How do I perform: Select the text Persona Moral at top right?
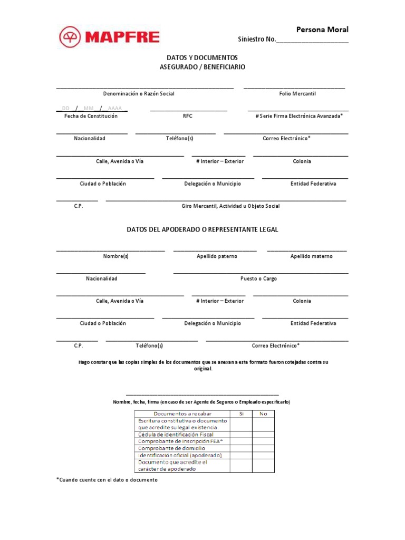pos(322,30)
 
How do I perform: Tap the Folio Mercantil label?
pos(297,93)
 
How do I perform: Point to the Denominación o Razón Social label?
pos(139,93)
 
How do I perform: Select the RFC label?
pos(188,116)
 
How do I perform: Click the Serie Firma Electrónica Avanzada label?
pos(299,116)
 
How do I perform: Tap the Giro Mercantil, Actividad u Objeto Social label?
pos(230,206)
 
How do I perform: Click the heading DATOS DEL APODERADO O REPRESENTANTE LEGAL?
pos(202,230)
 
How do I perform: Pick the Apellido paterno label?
pos(217,256)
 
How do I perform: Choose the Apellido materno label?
pos(311,256)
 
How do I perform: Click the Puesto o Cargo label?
pos(258,278)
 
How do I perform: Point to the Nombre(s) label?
pos(116,256)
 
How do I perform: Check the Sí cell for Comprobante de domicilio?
pos(241,448)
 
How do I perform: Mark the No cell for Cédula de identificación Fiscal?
pos(264,435)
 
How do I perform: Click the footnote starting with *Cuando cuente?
pos(107,480)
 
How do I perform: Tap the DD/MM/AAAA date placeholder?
pos(92,109)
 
